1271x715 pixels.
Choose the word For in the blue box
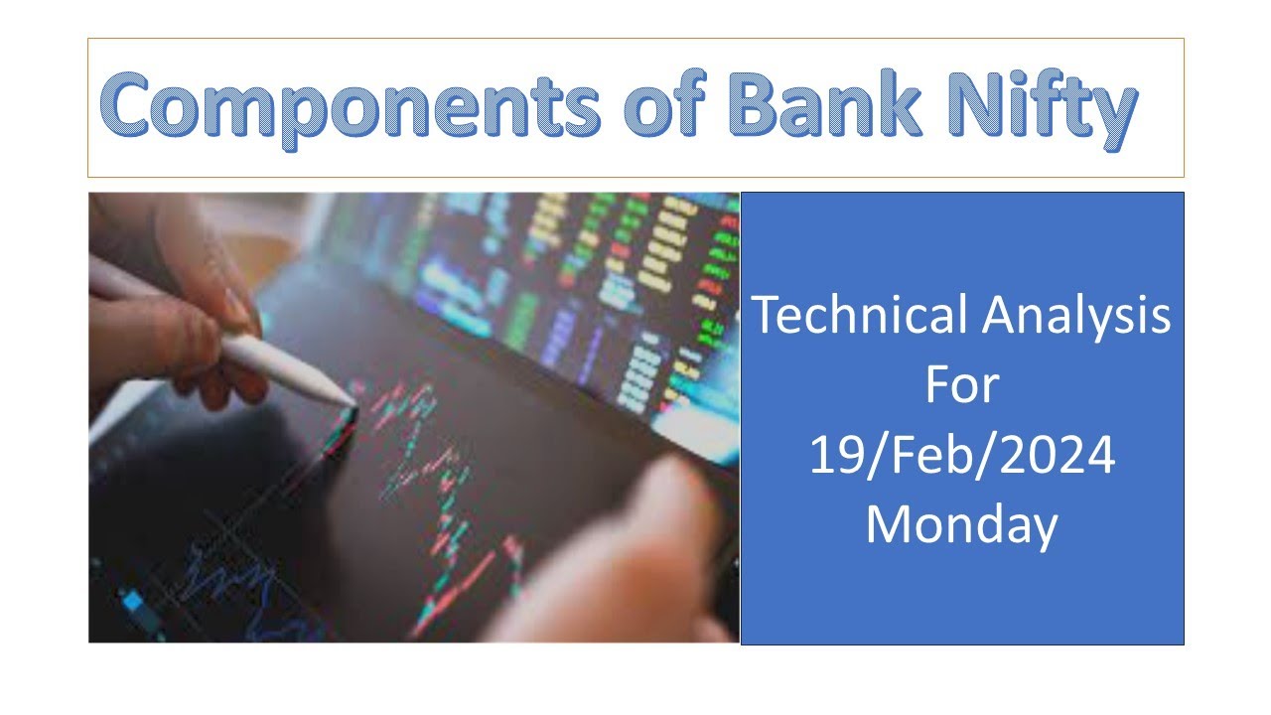(960, 385)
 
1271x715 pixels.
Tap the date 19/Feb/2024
(961, 456)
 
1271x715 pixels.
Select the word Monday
(960, 525)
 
